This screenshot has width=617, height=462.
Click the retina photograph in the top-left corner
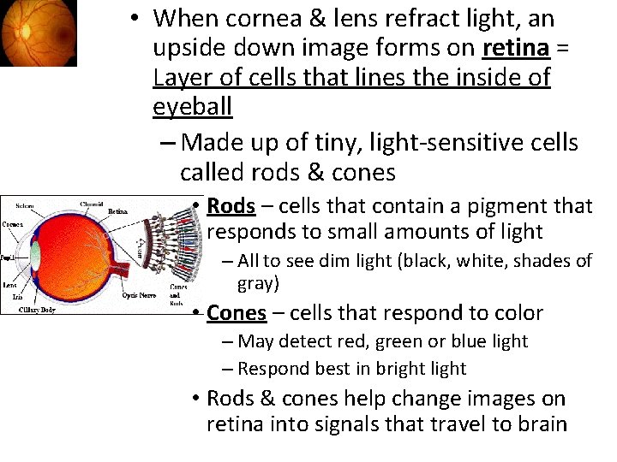[38, 33]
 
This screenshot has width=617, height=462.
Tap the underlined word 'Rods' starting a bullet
[231, 206]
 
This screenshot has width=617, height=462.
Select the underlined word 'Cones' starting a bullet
[237, 313]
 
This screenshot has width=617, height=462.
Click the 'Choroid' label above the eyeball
[92, 204]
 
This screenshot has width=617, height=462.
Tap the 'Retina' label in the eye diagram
[117, 211]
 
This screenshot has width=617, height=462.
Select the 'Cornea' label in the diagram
[13, 224]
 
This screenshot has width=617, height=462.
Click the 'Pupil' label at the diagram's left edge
[9, 257]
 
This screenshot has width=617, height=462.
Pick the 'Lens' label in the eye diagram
[9, 285]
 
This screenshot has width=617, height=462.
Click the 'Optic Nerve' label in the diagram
[138, 295]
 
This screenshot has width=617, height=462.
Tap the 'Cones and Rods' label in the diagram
[178, 294]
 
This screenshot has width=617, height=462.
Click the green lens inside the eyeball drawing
[35, 256]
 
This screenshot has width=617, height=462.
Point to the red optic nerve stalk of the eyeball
[129, 265]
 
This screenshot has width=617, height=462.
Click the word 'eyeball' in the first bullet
[193, 107]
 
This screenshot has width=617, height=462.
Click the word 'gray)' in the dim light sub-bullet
[258, 283]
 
